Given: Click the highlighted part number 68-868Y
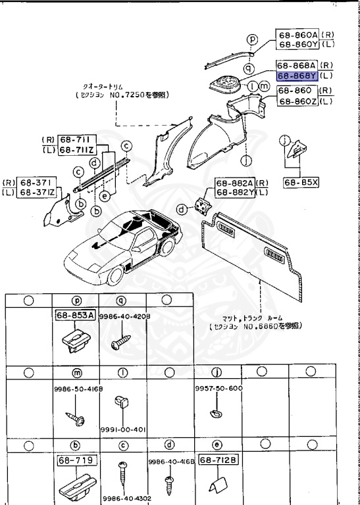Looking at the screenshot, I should pos(297,76).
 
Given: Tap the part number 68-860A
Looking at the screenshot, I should pos(297,35).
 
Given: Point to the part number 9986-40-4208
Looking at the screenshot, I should pos(121,316).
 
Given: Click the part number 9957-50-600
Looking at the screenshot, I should pos(219,388).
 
